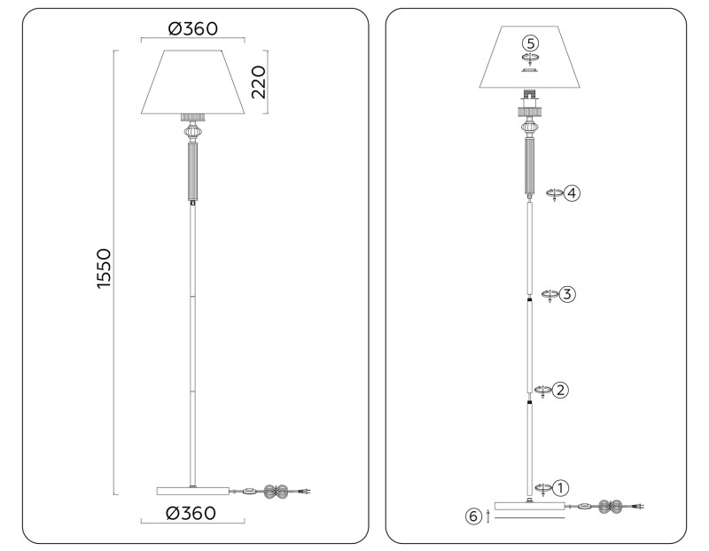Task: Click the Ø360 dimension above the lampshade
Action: click(x=192, y=28)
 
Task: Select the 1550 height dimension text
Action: click(x=103, y=273)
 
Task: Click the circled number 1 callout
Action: click(x=560, y=487)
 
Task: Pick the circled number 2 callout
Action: click(x=560, y=390)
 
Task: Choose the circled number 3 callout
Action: click(x=568, y=294)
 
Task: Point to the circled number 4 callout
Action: click(x=573, y=192)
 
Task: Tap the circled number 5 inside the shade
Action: click(x=530, y=43)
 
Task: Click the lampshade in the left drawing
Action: click(x=192, y=82)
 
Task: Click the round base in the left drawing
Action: click(x=192, y=490)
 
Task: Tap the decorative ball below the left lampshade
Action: click(x=192, y=133)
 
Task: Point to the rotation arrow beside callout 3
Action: click(x=549, y=295)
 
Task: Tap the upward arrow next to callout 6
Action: click(x=488, y=516)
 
